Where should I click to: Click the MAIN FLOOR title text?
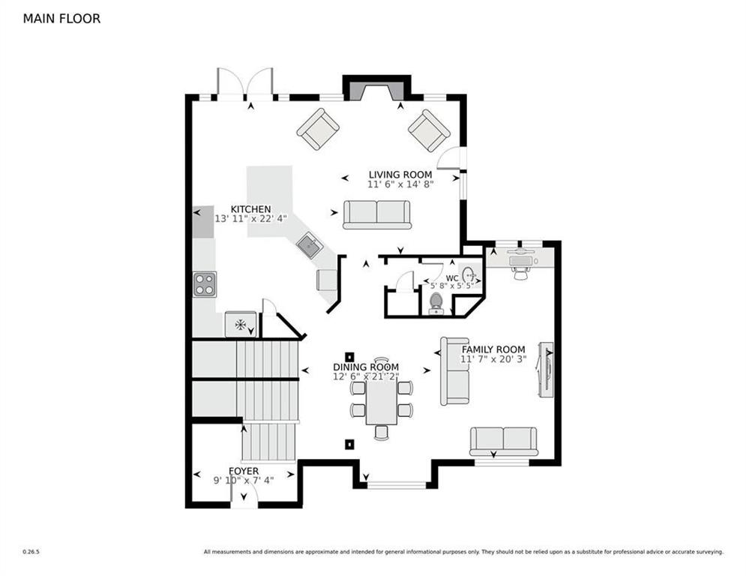61,19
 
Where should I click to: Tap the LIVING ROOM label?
400,175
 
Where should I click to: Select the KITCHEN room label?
250,209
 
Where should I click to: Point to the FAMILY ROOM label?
493,349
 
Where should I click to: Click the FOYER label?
244,471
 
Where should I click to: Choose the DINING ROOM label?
366,367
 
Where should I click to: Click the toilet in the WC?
436,301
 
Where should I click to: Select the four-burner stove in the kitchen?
205,284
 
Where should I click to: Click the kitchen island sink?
308,244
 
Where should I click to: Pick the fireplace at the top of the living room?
376,88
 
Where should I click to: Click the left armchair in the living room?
318,129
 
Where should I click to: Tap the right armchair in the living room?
429,130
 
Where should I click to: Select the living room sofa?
377,214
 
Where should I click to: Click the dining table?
381,401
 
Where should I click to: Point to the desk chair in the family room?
520,273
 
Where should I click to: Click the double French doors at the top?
244,83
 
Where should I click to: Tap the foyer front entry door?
244,496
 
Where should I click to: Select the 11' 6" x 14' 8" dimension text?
400,184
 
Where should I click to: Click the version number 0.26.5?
31,552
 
